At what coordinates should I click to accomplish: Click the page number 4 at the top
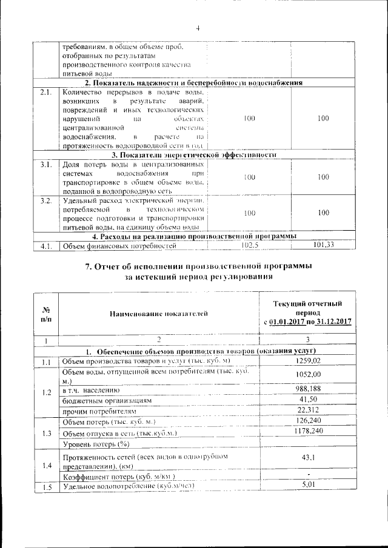tap(198, 27)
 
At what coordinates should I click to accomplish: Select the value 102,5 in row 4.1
tap(249, 245)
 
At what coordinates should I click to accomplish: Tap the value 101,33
tap(323, 245)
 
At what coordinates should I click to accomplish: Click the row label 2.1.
tap(46, 92)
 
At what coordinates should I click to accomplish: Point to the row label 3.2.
tap(46, 200)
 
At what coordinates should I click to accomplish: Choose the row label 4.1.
tap(46, 246)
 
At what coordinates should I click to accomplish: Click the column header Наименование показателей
tap(158, 313)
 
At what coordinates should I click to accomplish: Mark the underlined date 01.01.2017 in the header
tap(289, 322)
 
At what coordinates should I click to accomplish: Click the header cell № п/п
tap(45, 313)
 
